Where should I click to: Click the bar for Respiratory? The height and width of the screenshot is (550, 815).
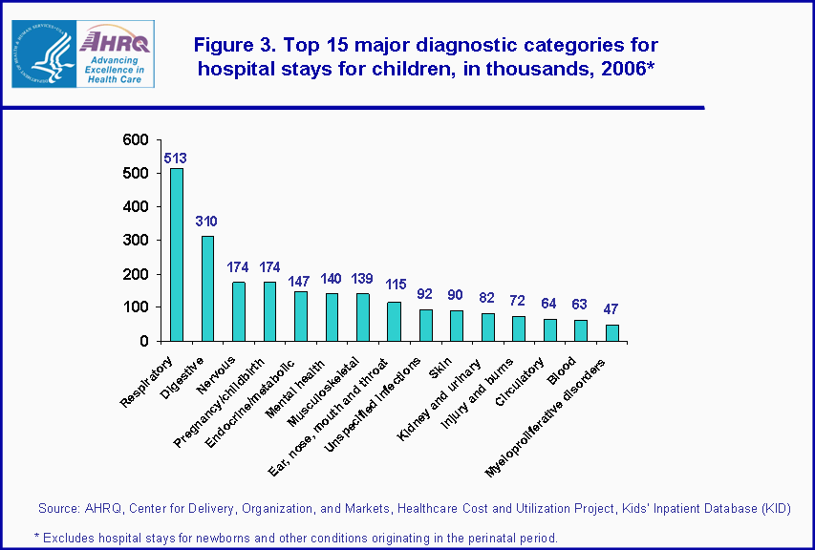(177, 254)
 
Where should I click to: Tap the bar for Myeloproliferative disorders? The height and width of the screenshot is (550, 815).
(612, 332)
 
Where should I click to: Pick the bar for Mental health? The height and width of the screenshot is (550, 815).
(332, 317)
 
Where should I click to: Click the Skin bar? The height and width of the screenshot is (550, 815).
(457, 326)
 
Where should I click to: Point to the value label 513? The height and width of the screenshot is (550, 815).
(175, 159)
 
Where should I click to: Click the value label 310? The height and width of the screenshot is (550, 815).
(206, 222)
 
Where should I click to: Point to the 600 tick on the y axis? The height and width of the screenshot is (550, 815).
(136, 140)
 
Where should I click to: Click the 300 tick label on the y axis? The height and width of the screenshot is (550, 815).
(136, 241)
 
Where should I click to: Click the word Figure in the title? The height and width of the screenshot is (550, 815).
(223, 46)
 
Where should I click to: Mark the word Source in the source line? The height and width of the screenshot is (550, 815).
(58, 507)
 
